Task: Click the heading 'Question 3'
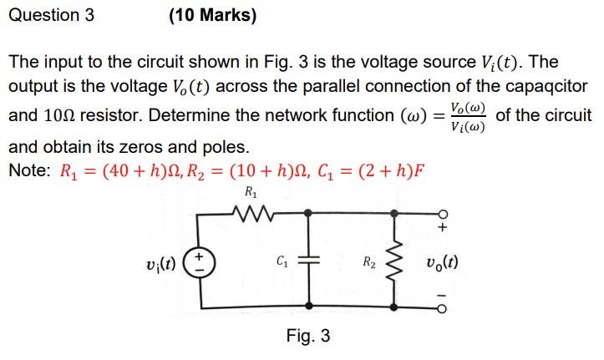[51, 15]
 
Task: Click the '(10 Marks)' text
[212, 15]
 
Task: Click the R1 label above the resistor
[250, 194]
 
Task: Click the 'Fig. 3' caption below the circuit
[307, 336]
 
